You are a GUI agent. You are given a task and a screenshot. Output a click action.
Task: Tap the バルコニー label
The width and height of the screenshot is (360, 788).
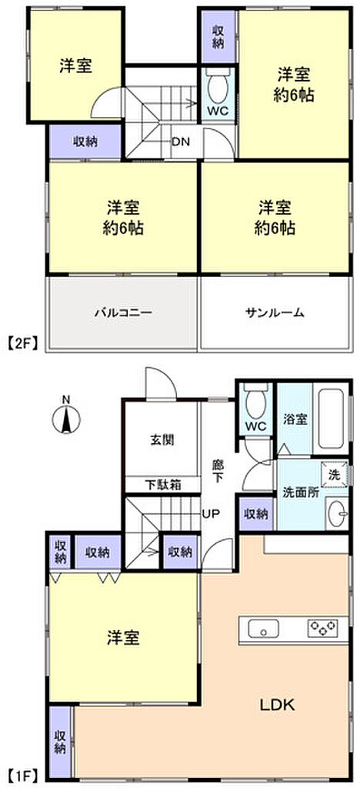pos(123,312)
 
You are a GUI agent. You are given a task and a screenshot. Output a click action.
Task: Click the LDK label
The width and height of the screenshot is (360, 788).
pos(277,705)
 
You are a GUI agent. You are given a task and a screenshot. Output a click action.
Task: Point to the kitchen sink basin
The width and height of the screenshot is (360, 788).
pos(264,629)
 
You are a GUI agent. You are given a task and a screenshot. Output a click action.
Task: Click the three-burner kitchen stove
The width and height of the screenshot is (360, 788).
pos(323,626)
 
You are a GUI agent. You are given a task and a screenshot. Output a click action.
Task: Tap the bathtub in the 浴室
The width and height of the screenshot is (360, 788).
pos(331,419)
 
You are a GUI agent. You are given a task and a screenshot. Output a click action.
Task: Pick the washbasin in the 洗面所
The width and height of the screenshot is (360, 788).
pos(337,513)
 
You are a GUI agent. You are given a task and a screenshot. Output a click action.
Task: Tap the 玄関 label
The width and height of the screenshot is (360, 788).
pos(162,441)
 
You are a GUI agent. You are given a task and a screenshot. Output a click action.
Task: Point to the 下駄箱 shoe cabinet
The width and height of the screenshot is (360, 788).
pos(162,485)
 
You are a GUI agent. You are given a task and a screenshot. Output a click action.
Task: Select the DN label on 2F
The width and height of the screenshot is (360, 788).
pos(180,142)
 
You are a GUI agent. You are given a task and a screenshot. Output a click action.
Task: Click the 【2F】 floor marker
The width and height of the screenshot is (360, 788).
pos(23,345)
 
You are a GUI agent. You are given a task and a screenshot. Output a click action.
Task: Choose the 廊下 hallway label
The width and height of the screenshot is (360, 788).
pos(218,472)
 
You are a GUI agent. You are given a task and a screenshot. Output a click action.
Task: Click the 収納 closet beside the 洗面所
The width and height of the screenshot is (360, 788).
pos(255,513)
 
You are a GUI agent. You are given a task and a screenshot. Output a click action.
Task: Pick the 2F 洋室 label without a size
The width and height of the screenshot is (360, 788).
pos(76,66)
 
